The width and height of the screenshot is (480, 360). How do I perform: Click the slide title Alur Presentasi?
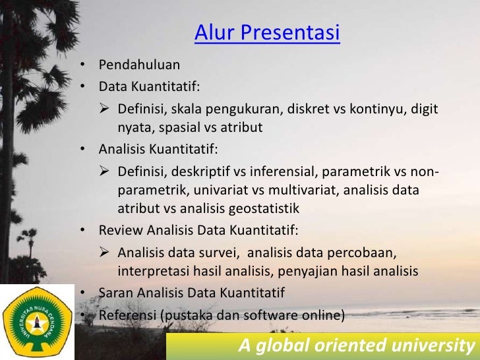(x=267, y=32)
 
